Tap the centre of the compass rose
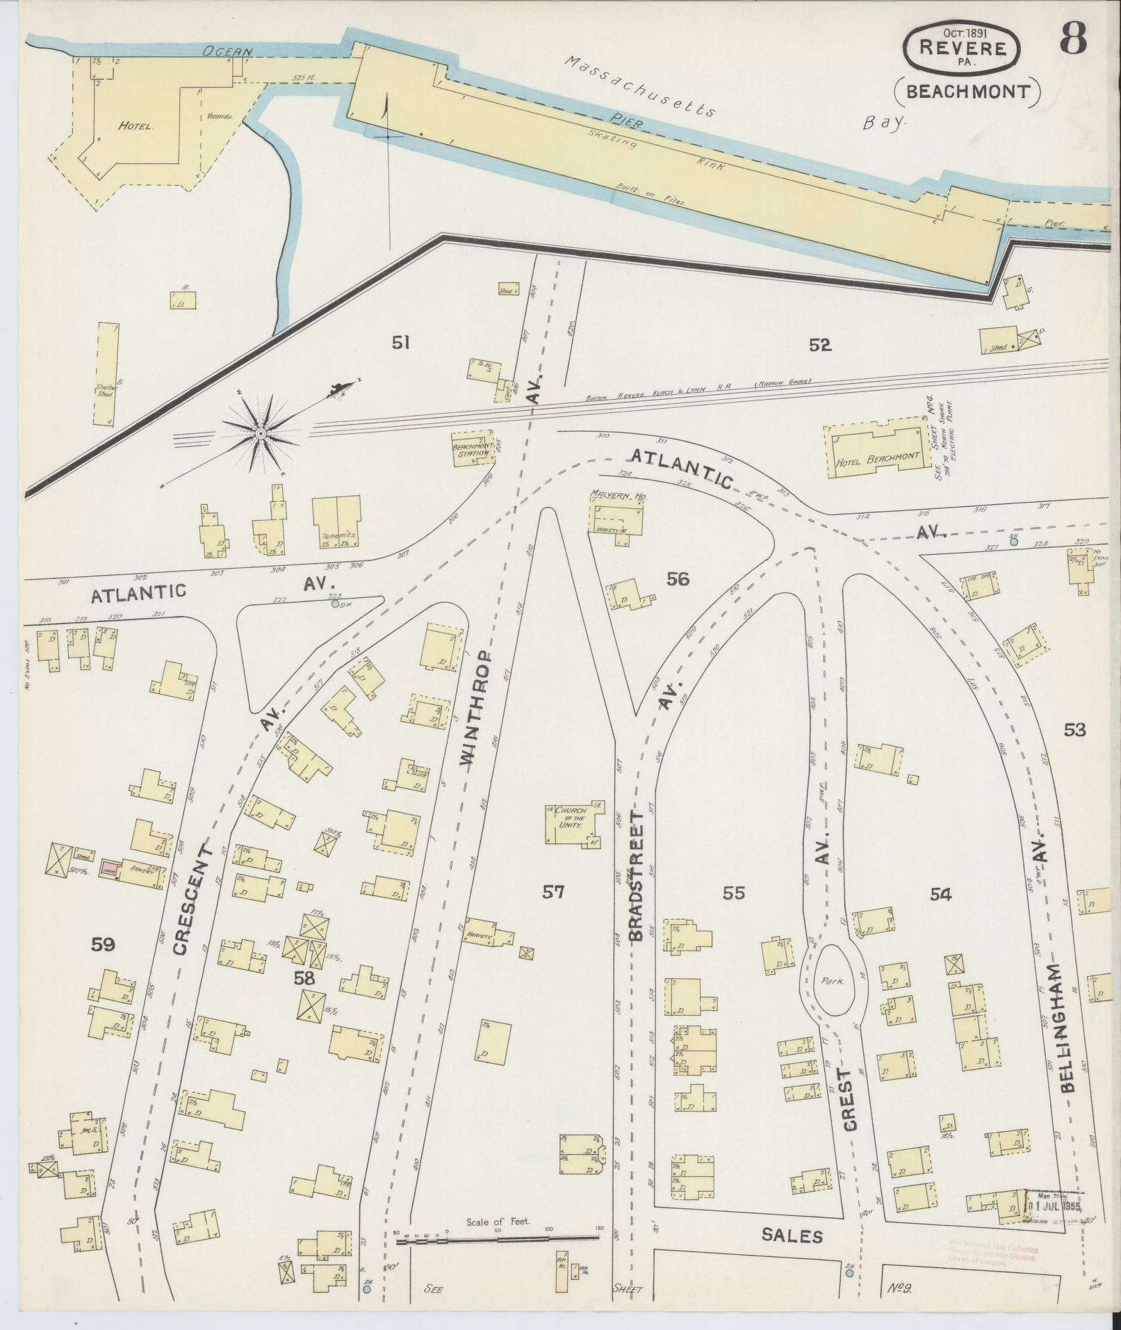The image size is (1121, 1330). (261, 434)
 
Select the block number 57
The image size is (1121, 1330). (553, 892)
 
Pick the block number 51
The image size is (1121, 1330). (400, 343)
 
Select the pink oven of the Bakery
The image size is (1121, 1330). (108, 870)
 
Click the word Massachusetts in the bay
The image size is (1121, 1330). (639, 87)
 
